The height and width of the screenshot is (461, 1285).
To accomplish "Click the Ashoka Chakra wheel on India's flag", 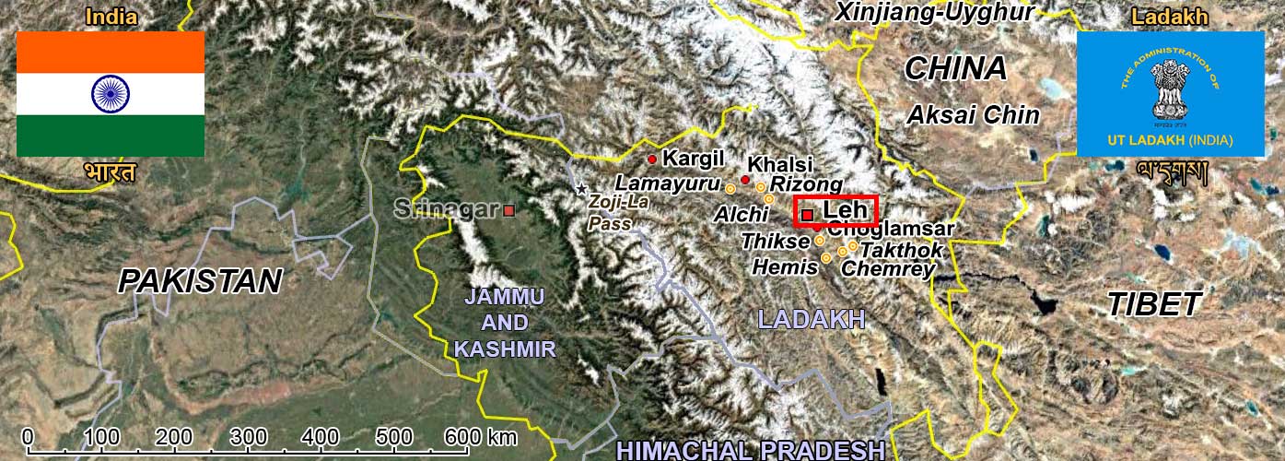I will point(111,94).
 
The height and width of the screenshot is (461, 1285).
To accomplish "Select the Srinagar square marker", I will point(508,210).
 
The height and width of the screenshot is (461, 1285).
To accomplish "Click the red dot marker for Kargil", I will point(652,160).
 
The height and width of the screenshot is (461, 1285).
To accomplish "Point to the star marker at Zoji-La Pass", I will point(581,189).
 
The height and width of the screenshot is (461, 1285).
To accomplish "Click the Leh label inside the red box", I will point(845,210).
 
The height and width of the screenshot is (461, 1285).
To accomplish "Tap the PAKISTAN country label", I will point(200,281).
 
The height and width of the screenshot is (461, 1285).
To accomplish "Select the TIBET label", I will point(1154,304).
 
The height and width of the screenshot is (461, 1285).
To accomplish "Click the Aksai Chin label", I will point(973,115).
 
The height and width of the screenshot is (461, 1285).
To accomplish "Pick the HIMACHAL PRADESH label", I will point(751,450).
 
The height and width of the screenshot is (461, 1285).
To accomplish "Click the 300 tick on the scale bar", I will point(248,436).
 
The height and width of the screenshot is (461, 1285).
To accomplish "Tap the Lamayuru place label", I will point(666,183).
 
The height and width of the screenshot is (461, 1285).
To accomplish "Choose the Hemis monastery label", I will point(785,267).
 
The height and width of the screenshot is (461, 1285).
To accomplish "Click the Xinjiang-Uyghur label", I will point(934,12).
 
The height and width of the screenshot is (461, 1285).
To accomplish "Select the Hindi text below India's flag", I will point(110,172).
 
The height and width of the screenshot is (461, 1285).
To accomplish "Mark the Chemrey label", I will point(888,268).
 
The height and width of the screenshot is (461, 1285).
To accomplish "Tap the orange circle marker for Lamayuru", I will point(730,188).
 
